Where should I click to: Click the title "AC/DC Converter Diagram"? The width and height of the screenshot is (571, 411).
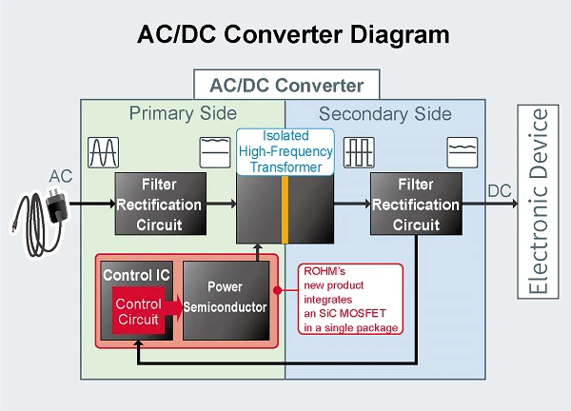tap(285, 35)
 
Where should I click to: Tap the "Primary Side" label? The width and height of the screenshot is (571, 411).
tap(183, 114)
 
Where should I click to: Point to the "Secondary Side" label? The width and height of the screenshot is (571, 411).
tap(385, 114)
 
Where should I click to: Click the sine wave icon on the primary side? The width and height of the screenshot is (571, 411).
tap(103, 151)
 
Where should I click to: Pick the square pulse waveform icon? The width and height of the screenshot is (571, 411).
tap(360, 151)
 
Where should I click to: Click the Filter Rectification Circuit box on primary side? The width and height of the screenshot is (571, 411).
tap(159, 204)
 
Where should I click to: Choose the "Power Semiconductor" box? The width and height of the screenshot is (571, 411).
tap(226, 297)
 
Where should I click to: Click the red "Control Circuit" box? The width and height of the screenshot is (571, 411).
tap(137, 310)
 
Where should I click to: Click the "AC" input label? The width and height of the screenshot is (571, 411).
tap(60, 176)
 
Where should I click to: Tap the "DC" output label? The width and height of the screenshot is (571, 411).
tap(500, 191)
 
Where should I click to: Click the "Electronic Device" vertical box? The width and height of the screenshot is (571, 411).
tap(539, 204)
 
